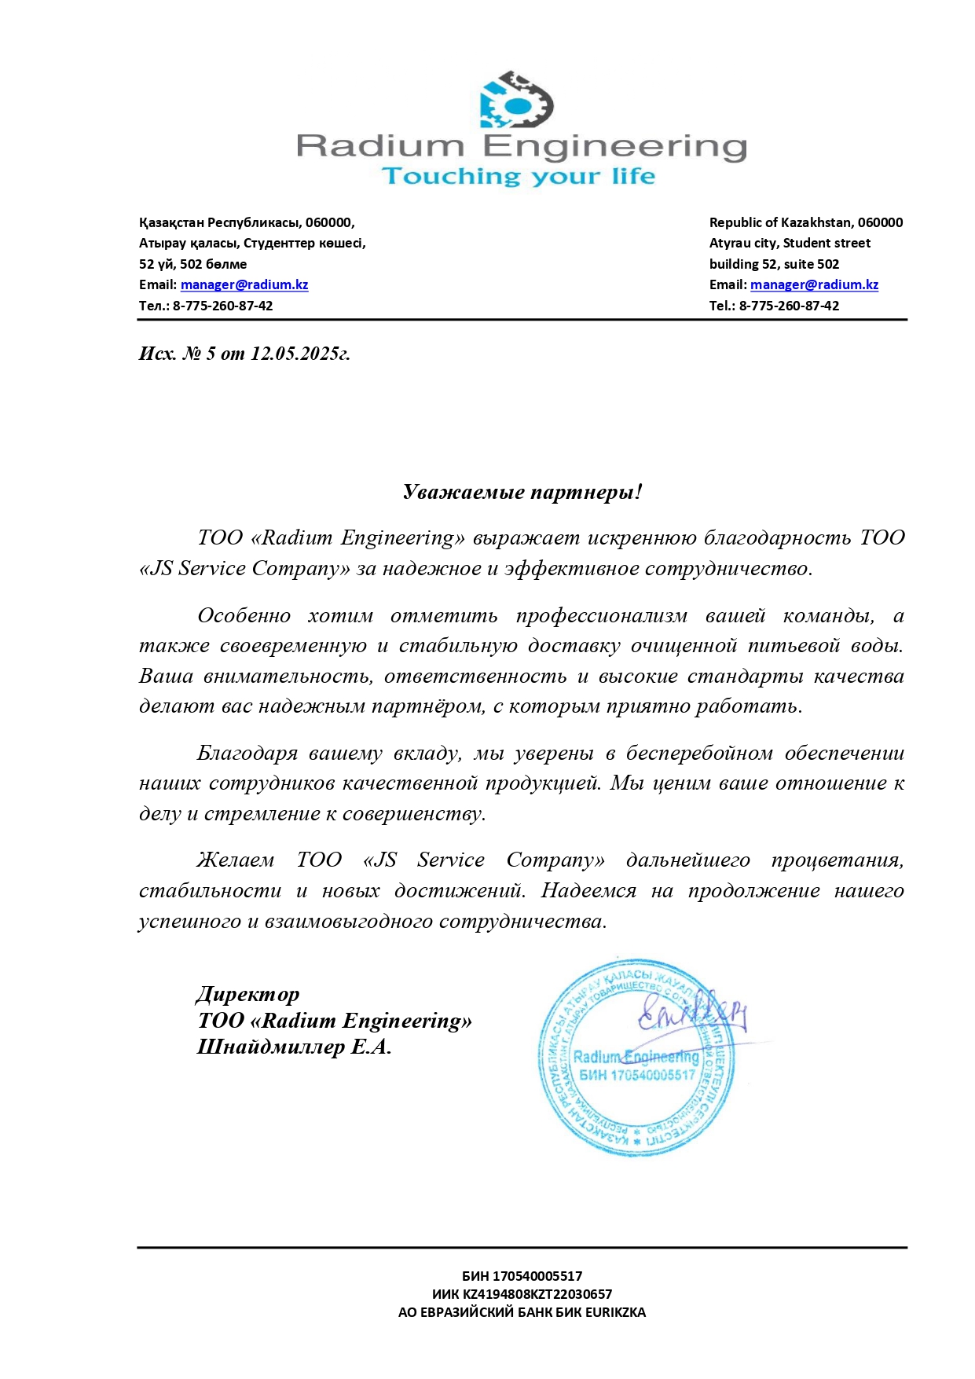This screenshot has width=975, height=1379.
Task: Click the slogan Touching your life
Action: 519,176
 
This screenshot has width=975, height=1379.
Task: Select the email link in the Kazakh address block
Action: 244,284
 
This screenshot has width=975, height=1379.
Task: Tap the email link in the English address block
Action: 814,284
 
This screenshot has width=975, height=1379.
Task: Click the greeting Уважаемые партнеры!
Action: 522,492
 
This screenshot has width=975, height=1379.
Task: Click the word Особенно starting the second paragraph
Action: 244,615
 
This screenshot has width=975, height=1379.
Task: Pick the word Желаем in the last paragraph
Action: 235,860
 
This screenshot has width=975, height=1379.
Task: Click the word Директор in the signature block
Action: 247,994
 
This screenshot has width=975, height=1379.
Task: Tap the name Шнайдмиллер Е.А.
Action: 294,1047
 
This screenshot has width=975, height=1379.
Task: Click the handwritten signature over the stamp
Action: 691,1013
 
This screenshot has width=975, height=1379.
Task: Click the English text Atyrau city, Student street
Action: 790,243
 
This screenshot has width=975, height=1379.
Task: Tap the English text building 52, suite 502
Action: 774,264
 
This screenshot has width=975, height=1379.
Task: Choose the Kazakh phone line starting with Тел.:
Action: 206,306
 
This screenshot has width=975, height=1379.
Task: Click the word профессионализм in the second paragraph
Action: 601,615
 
